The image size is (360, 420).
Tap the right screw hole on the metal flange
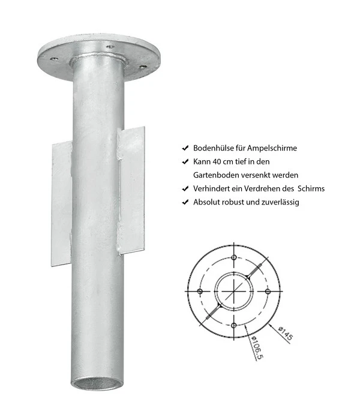click(x=143, y=67)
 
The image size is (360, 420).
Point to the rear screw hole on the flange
click(x=110, y=46)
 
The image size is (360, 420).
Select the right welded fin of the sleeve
click(x=132, y=189)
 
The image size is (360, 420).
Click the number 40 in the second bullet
click(x=217, y=161)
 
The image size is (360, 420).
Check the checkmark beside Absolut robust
click(x=185, y=202)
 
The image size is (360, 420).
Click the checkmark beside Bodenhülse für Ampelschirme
click(x=185, y=148)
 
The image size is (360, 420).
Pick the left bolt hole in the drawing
click(x=199, y=292)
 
